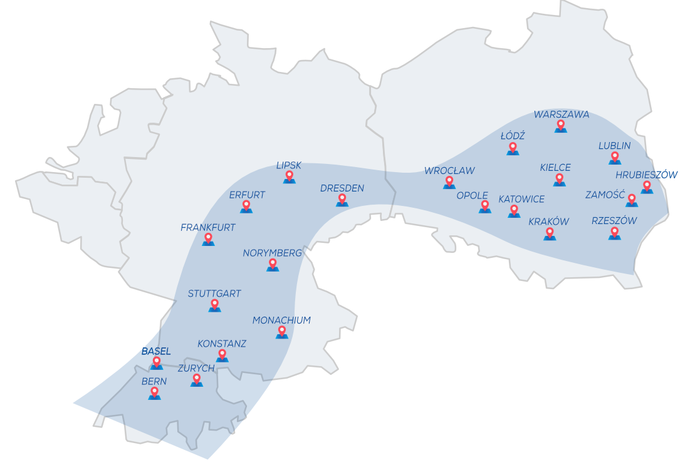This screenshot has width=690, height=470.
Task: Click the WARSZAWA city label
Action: click(561, 115)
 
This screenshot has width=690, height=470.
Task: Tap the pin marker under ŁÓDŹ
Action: click(513, 149)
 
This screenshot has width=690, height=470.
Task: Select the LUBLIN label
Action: click(614, 146)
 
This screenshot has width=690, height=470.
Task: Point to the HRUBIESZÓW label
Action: click(646, 175)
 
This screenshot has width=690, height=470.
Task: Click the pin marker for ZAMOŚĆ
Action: click(631, 200)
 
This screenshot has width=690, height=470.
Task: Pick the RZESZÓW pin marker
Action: click(614, 233)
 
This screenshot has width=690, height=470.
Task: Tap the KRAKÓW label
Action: click(548, 222)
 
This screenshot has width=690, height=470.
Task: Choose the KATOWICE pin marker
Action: click(514, 211)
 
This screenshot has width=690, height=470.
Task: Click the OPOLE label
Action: click(472, 195)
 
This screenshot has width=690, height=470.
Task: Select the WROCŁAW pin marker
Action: click(449, 182)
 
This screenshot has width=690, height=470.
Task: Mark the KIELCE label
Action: click(555, 167)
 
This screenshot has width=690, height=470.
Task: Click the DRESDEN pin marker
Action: click(342, 200)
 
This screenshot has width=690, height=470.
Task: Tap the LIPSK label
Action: click(289, 165)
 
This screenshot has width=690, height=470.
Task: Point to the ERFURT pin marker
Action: click(246, 207)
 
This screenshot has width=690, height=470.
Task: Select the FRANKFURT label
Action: click(207, 228)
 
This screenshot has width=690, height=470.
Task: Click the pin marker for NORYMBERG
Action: click(273, 265)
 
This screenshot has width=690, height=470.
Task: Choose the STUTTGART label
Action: click(214, 294)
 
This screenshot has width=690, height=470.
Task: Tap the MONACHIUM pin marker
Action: click(282, 332)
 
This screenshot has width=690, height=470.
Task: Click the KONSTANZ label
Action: click(222, 344)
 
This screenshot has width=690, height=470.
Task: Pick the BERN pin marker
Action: click(154, 393)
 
